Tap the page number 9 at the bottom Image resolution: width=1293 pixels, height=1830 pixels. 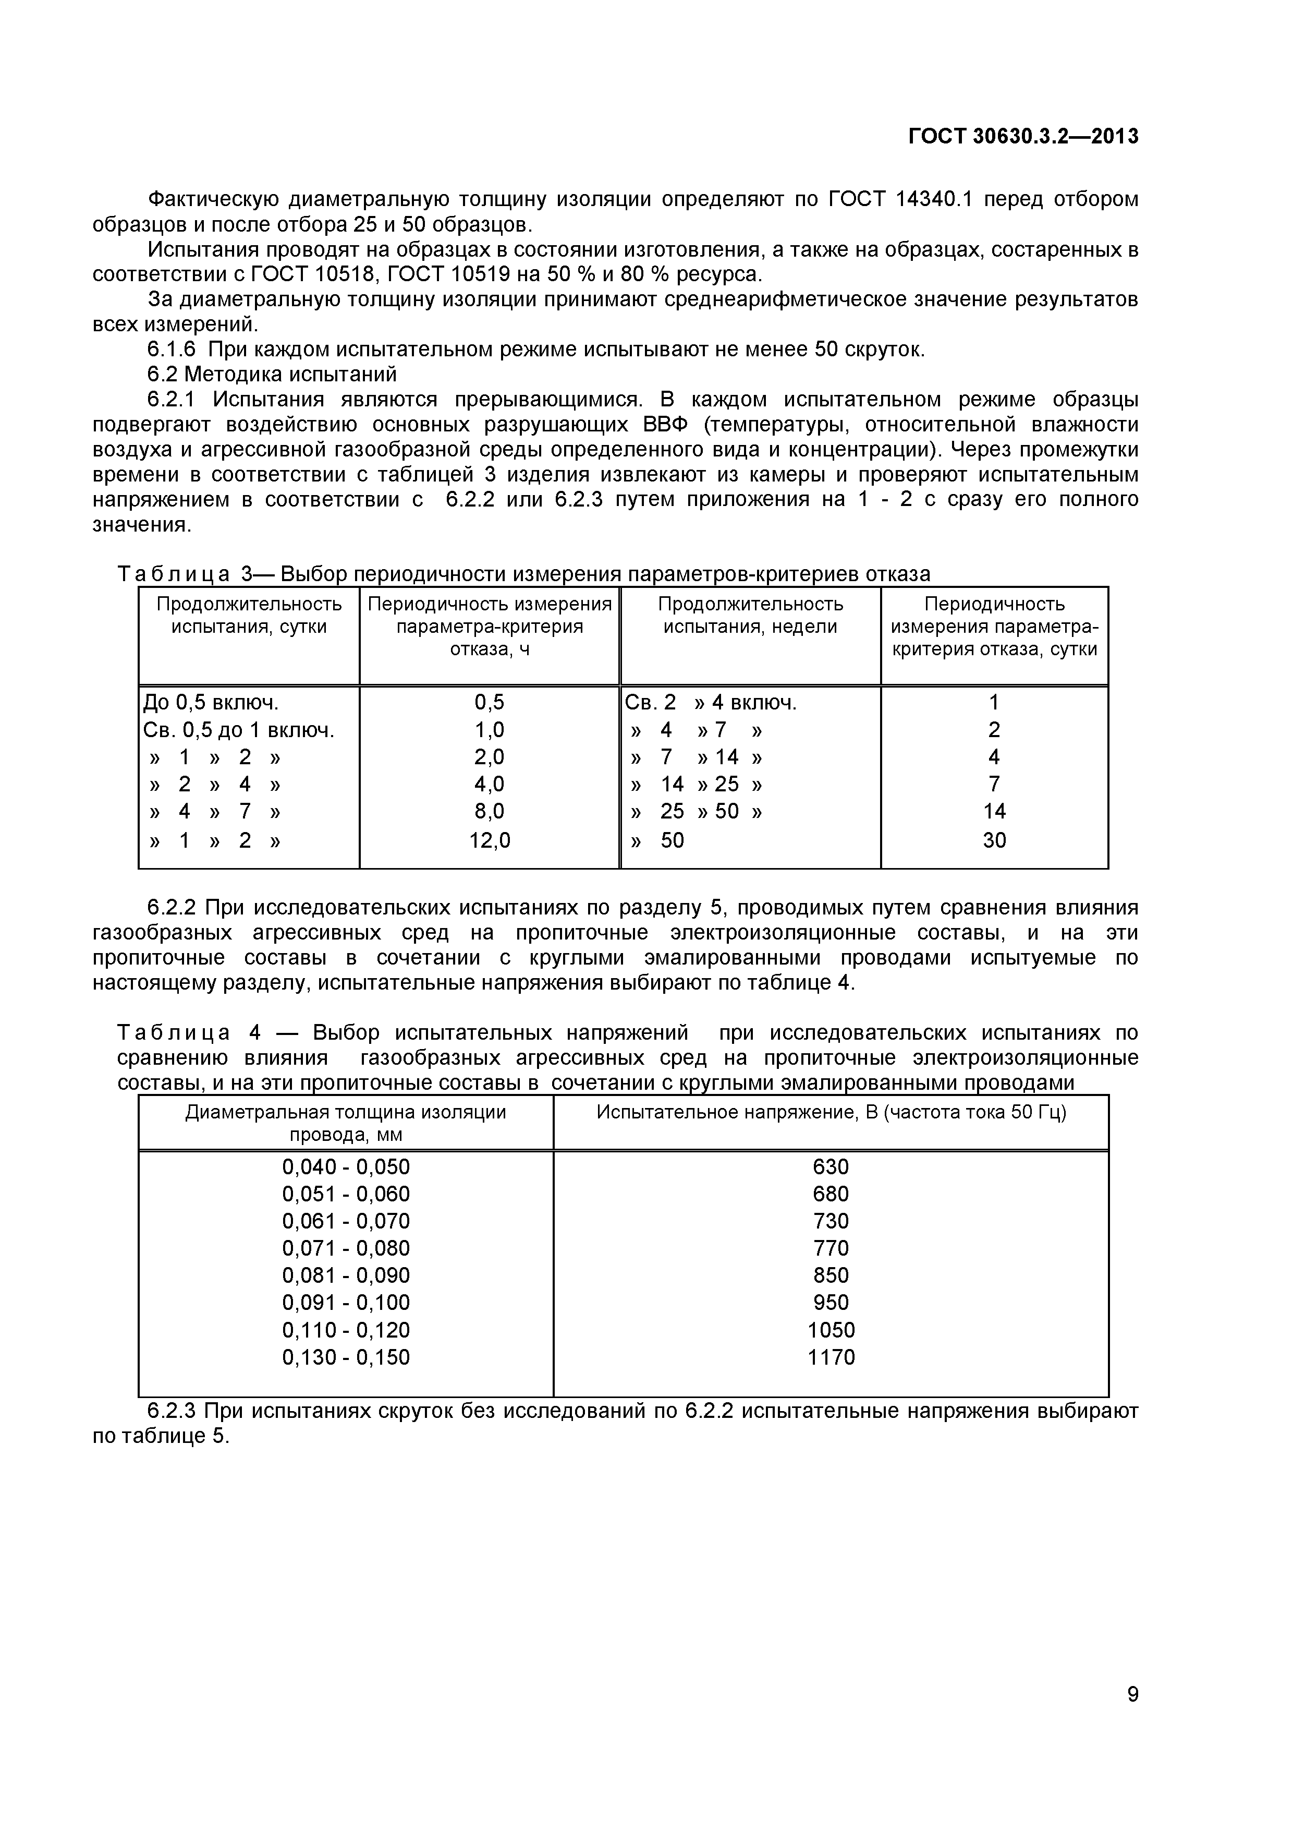point(1132,1716)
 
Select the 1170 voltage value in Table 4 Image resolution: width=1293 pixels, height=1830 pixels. point(831,1357)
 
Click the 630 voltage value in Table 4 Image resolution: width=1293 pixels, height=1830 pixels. point(831,1167)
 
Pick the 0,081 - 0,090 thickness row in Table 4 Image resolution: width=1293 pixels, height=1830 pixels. point(346,1275)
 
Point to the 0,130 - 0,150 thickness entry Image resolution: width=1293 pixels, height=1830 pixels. point(346,1357)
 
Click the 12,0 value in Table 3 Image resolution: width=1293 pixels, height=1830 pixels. point(489,840)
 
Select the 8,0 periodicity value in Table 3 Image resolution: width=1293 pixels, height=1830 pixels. point(489,811)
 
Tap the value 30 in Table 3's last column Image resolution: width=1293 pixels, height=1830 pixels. point(994,840)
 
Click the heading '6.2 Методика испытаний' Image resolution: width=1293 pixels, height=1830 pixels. point(272,375)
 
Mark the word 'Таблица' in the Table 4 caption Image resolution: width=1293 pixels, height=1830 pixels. point(174,1033)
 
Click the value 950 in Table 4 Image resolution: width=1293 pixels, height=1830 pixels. point(831,1303)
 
